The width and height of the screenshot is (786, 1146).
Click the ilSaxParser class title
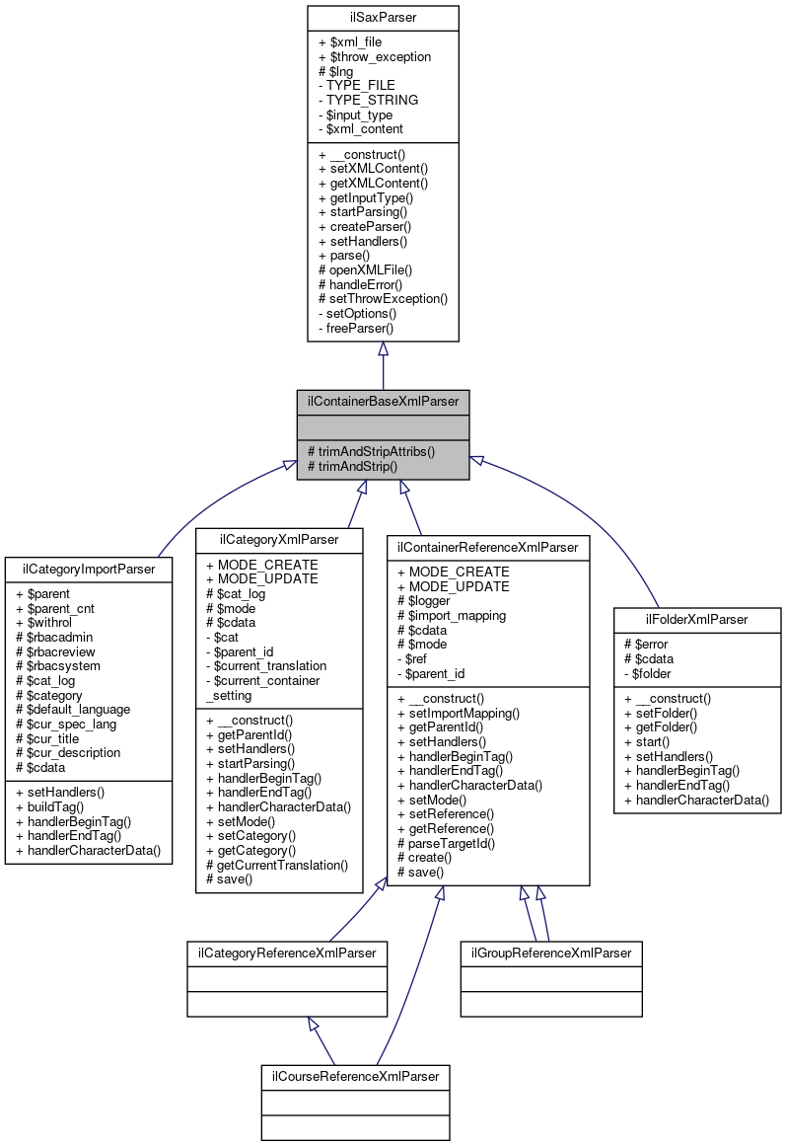[383, 18]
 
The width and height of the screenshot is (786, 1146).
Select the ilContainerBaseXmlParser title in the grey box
[383, 402]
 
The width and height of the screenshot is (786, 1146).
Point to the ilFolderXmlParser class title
[697, 619]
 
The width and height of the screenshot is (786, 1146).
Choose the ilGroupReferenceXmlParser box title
[551, 953]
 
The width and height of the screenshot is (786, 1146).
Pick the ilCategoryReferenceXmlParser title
[287, 953]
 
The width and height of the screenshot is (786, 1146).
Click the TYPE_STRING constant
[367, 100]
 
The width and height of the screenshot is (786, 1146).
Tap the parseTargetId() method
[446, 843]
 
